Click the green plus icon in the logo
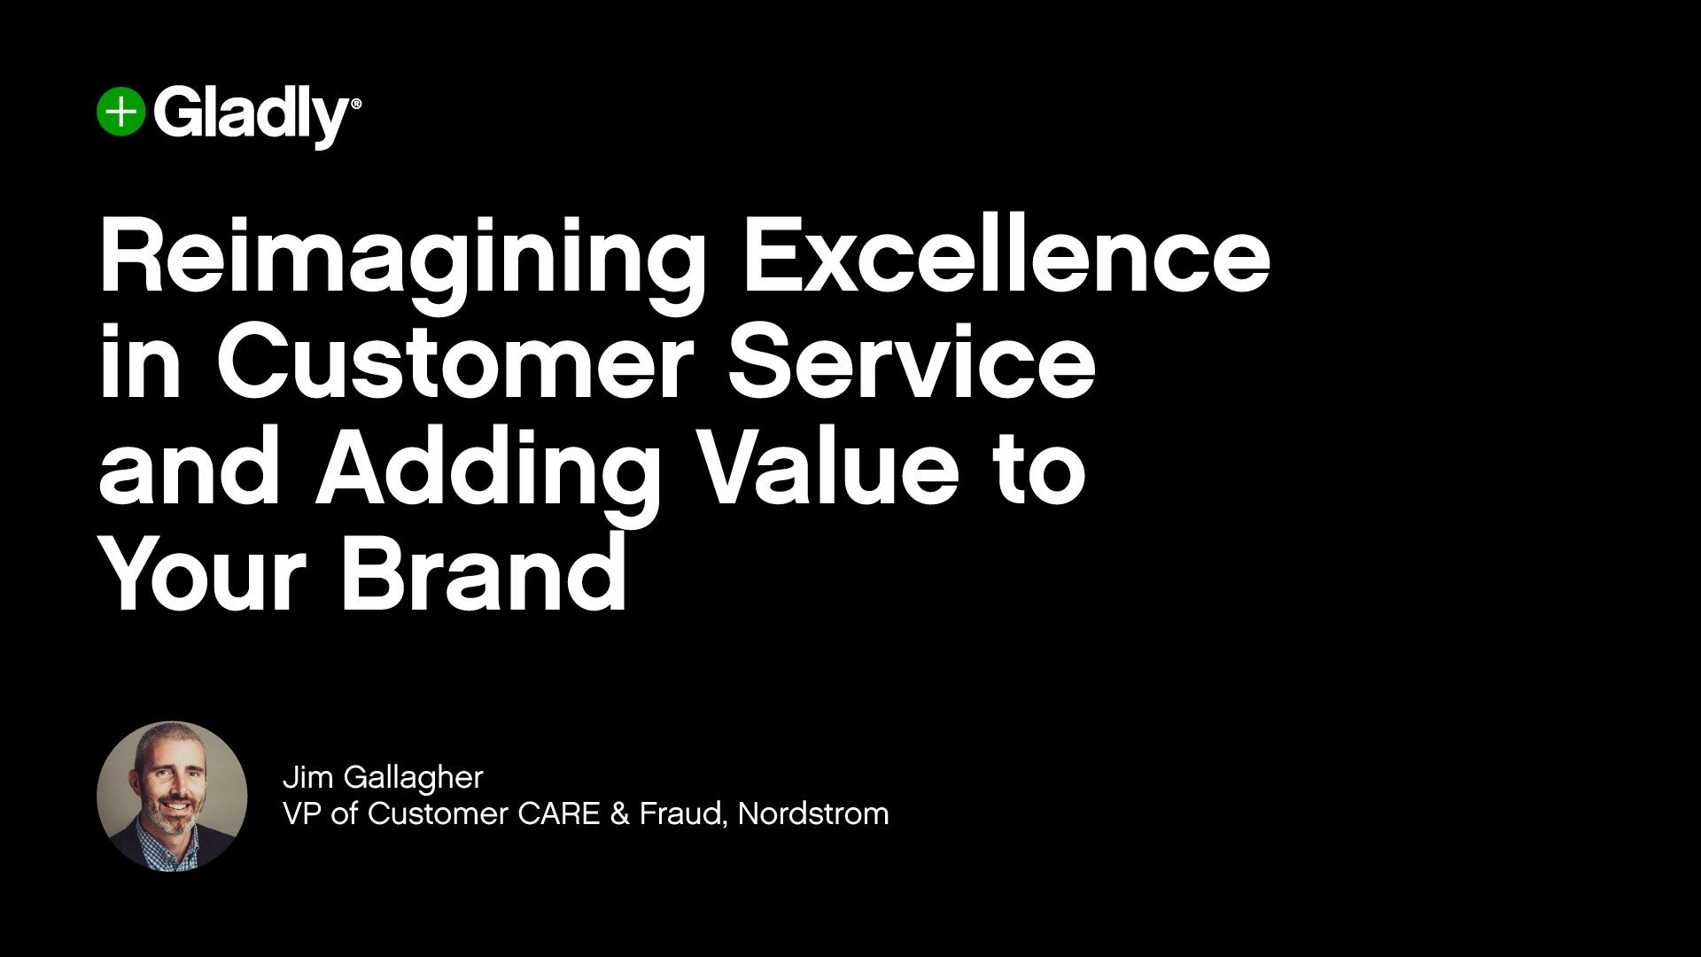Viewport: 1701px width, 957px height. (120, 113)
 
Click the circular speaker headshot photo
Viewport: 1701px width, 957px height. (172, 796)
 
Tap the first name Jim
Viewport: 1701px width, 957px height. (307, 777)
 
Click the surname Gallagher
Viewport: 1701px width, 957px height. (413, 779)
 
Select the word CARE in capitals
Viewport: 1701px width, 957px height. (559, 813)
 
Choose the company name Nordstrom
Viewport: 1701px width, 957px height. (813, 813)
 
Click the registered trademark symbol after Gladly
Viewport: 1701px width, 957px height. (357, 104)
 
